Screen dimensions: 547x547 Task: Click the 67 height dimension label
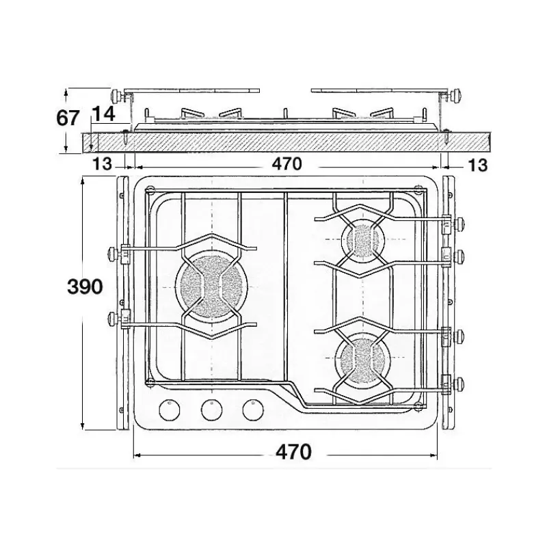point(68,118)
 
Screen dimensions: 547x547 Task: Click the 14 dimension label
point(104,114)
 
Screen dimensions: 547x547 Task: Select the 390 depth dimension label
point(85,287)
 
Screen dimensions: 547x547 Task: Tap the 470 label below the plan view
point(293,452)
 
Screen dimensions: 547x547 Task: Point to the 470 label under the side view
point(286,164)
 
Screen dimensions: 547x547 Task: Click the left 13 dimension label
point(102,164)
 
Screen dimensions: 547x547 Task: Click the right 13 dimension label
point(477,165)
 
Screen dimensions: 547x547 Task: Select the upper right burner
point(363,240)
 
